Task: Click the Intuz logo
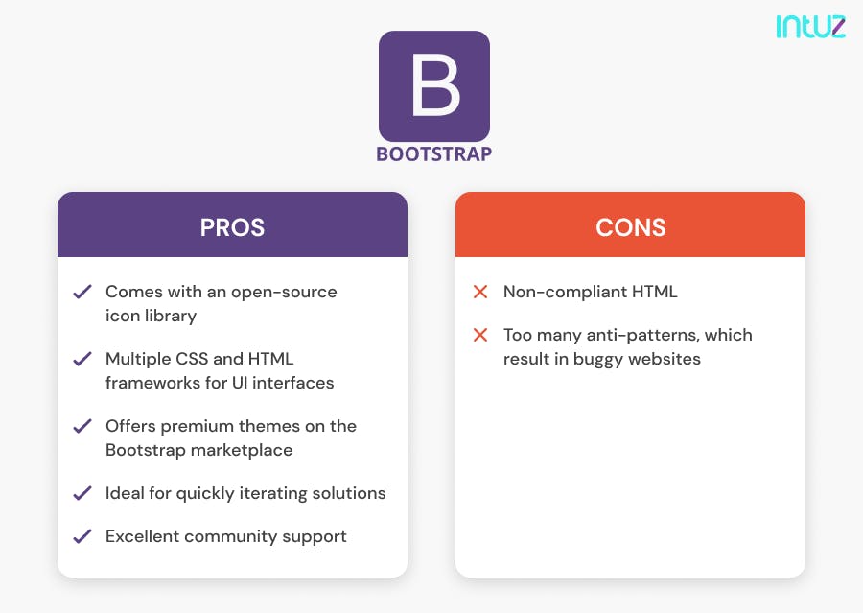(x=810, y=26)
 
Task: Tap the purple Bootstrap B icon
(x=433, y=86)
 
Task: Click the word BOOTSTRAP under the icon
(x=433, y=153)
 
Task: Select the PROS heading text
(x=232, y=227)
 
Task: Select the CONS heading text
(x=630, y=227)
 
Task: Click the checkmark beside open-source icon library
(x=82, y=292)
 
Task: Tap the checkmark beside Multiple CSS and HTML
(x=82, y=359)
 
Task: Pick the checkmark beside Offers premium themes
(x=82, y=426)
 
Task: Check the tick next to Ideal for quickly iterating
(x=82, y=493)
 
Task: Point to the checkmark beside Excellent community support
(x=82, y=536)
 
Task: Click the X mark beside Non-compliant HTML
(x=480, y=292)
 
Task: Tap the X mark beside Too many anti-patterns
(x=480, y=335)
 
